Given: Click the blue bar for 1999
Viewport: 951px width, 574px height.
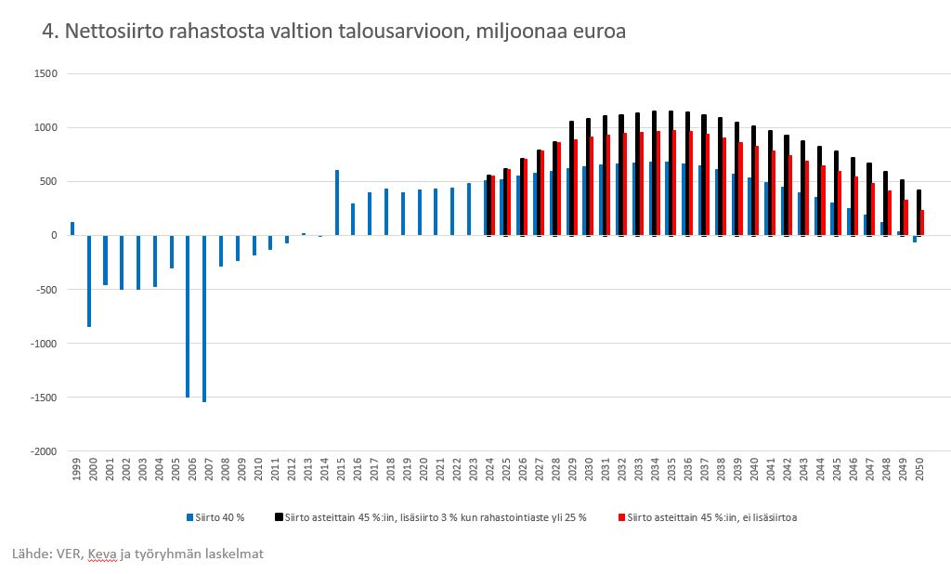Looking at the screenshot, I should (72, 228).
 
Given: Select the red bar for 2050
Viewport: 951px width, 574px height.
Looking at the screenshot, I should (922, 223).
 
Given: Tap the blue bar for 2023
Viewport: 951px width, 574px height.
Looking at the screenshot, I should (469, 209).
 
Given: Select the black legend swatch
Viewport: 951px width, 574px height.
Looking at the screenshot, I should (277, 517).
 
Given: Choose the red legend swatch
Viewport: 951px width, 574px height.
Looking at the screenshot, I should (620, 517).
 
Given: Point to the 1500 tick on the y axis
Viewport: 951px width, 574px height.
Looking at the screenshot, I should (45, 73).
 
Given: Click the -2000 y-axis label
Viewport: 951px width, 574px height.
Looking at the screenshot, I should (43, 451).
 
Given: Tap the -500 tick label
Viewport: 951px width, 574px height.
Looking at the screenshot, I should (46, 290).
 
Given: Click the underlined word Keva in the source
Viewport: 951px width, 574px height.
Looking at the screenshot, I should (103, 554).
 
